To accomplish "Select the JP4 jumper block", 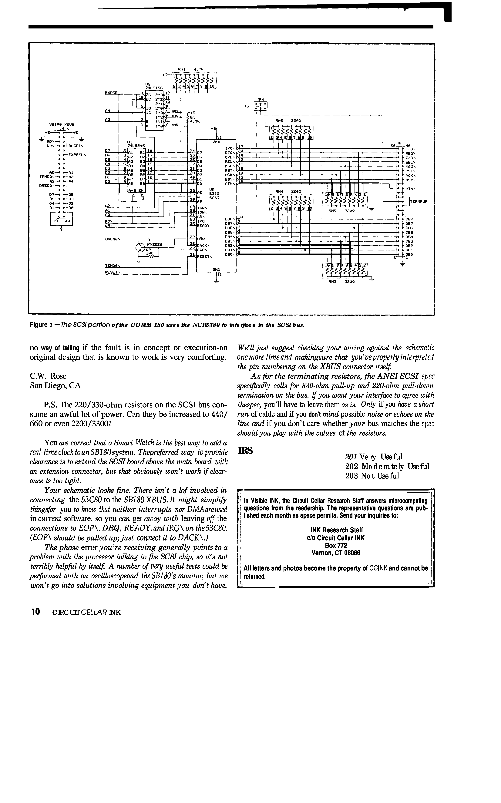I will [260, 106].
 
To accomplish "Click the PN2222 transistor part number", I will [155, 244].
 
